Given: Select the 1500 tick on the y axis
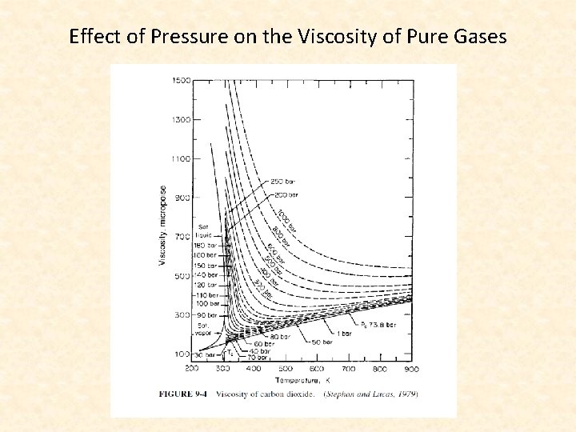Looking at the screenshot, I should [180, 80].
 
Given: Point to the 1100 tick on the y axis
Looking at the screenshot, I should [180, 158].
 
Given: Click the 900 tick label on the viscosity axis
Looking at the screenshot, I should [182, 198].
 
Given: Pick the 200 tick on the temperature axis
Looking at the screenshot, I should [192, 369].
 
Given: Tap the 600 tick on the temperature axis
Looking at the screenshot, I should [318, 369].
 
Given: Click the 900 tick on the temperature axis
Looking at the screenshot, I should [411, 369].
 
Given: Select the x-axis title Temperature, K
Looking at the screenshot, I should [302, 380].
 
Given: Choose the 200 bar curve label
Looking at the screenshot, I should [286, 194].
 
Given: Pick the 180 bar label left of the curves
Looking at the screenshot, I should [206, 246].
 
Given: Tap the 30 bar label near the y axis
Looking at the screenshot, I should [205, 354].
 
